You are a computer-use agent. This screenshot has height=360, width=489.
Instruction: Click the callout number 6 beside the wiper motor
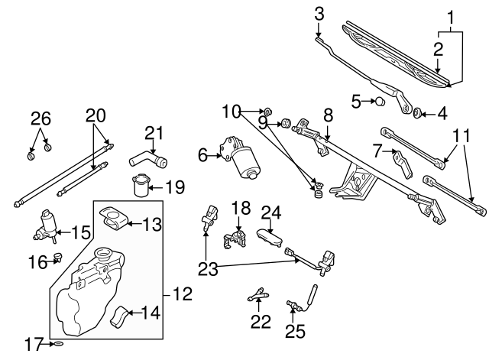click(202, 155)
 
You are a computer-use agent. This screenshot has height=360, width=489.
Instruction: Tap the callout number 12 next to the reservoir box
click(183, 293)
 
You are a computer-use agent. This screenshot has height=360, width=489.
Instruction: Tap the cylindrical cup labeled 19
click(138, 186)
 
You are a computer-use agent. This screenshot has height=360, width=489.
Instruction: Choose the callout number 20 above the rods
click(95, 115)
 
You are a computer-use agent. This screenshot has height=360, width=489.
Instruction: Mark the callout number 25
click(294, 332)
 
